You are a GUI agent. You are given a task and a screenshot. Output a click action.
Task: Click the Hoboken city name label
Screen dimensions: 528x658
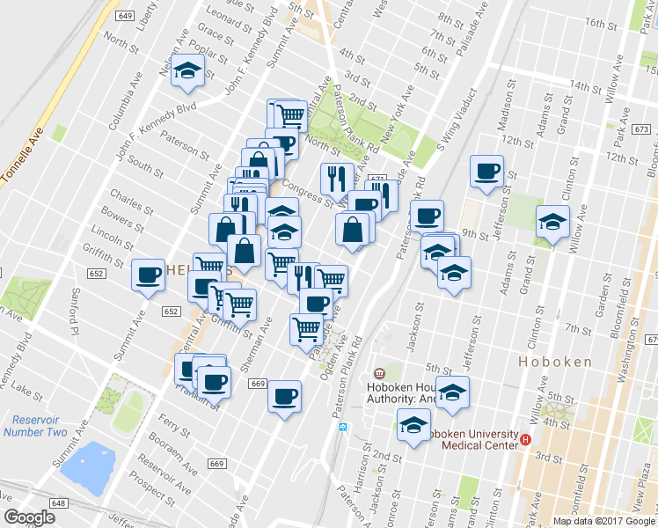pos(553,362)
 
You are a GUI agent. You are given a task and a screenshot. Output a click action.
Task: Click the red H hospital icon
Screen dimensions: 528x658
pos(526,439)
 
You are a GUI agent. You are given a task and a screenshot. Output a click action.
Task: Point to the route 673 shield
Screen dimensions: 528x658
pos(640,129)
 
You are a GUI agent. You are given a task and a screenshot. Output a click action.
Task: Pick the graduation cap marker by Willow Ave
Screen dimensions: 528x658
pos(552,221)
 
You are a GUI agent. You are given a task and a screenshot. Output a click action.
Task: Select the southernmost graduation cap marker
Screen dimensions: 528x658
pos(413,427)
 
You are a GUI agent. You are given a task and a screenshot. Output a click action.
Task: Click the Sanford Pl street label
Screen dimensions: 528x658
pos(69,314)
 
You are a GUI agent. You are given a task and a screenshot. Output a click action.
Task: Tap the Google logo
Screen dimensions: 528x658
pos(30,517)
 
